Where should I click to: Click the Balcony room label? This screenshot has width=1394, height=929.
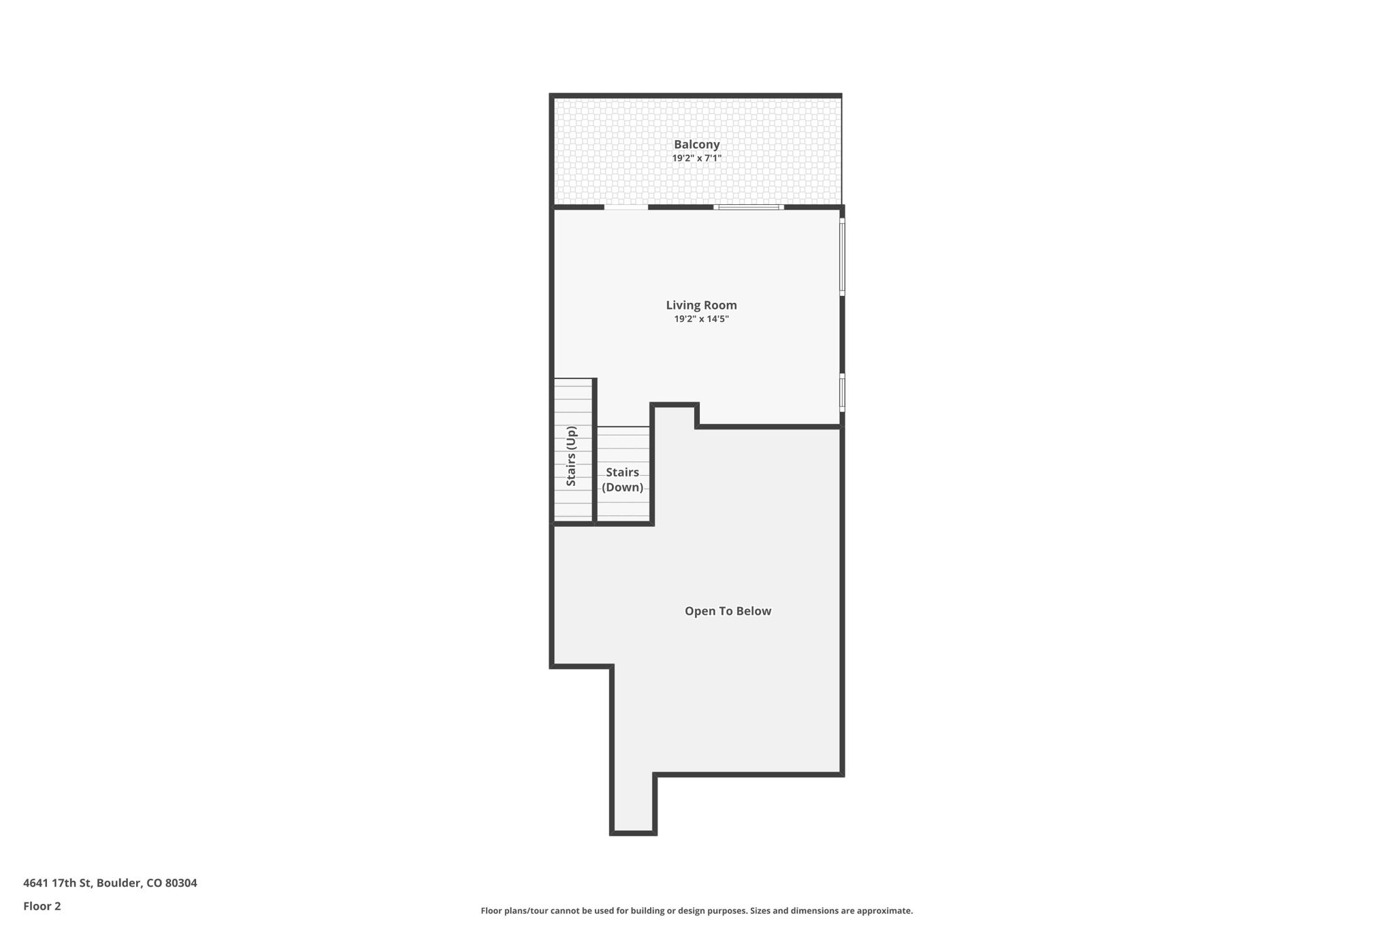[696, 144]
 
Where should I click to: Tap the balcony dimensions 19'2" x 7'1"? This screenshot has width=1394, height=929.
[696, 159]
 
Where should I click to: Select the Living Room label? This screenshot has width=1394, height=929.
[701, 305]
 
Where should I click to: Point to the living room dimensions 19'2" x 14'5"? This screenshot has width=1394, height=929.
[701, 319]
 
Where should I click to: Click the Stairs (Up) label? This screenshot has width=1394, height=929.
[572, 455]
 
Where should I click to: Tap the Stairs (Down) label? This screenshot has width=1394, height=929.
[622, 479]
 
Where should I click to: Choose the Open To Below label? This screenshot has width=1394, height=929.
[728, 611]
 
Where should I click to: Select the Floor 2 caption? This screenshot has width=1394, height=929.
[42, 906]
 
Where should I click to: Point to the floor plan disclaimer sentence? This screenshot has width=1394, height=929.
[696, 911]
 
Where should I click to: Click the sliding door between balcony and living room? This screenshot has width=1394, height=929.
[749, 207]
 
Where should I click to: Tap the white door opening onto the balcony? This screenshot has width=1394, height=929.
[626, 207]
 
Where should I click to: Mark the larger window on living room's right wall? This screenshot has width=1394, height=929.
[842, 257]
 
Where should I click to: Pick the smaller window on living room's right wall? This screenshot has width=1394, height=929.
[842, 392]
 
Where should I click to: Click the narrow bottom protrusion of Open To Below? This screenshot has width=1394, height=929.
[633, 803]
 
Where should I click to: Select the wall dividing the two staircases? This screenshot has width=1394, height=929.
[595, 451]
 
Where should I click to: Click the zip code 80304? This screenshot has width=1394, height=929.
[181, 883]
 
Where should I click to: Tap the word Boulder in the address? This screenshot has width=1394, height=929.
[118, 883]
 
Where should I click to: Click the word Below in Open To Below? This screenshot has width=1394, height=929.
[753, 611]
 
